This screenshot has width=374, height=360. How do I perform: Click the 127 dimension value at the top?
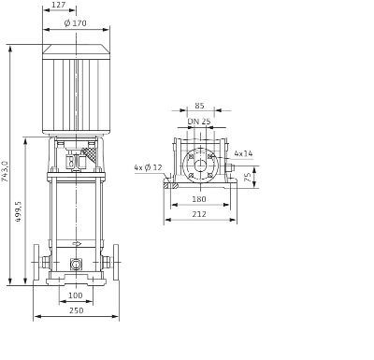pos(58,5)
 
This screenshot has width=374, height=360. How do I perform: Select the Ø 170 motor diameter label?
pos(76,23)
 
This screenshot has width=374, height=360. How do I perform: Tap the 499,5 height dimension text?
pos(19,211)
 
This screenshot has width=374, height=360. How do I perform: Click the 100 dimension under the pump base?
pos(76,295)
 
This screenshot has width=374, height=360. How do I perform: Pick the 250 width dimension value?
pos(77,310)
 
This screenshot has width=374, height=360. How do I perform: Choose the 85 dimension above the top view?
pos(199,106)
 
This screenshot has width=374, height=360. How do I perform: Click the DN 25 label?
pos(199,122)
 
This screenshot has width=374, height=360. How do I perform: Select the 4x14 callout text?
pos(243,153)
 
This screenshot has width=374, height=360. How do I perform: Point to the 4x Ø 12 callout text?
pos(149,167)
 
